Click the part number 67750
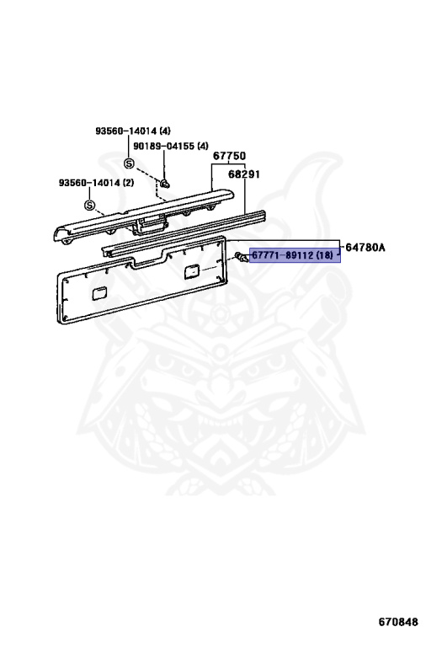[x=229, y=156]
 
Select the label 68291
[x=244, y=174]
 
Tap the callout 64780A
[x=365, y=247]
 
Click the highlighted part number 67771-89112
[x=283, y=255]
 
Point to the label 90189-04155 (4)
[x=171, y=146]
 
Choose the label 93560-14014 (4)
[x=133, y=131]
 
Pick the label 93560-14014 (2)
[x=97, y=182]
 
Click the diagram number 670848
[x=398, y=622]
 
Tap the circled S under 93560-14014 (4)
[x=130, y=163]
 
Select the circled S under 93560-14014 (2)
[x=89, y=205]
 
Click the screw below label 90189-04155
[x=165, y=183]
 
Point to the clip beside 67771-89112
[x=242, y=257]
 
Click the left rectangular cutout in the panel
[x=99, y=293]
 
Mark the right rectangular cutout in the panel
[x=191, y=271]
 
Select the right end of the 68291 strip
[x=262, y=215]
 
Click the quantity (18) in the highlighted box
[x=325, y=255]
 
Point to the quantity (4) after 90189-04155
[x=203, y=146]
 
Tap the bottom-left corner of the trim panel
[x=61, y=321]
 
